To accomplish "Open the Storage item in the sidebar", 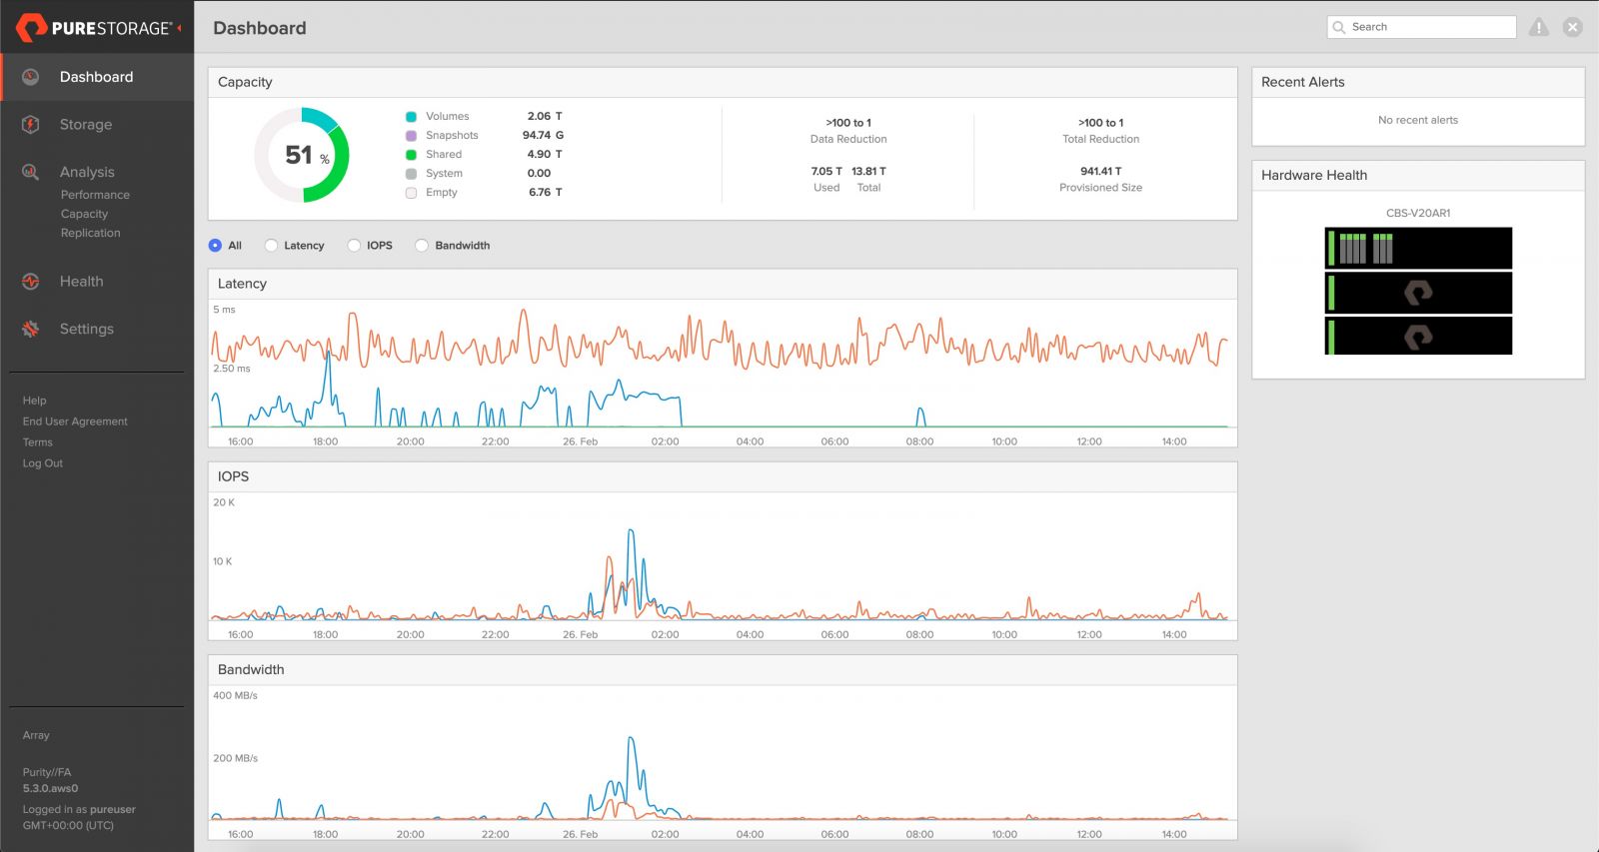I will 86,125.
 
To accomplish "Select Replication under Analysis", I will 90,233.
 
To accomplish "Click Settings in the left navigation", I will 87,329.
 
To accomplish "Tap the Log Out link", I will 43,463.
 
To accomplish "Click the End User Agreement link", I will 75,422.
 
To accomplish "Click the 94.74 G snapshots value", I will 543,135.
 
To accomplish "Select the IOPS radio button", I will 355,246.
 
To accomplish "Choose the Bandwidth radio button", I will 423,246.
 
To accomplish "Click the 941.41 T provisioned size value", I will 1100,171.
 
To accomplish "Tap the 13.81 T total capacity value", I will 868,171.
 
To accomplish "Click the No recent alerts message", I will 1417,120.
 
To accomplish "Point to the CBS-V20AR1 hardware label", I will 1417,213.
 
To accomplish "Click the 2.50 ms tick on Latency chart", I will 232,369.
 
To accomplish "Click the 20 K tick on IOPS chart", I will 224,502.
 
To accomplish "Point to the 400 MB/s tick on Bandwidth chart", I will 235,695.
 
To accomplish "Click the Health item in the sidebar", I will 81,282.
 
